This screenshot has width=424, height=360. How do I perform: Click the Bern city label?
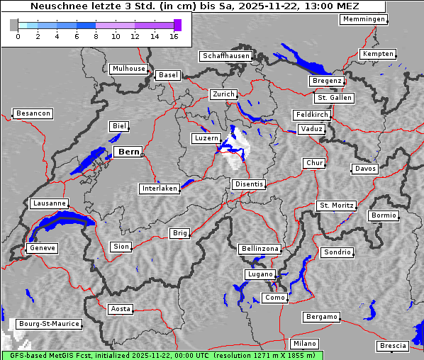click(x=128, y=152)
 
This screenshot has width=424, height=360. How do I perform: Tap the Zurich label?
click(x=223, y=94)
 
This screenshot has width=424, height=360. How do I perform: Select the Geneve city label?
click(x=42, y=248)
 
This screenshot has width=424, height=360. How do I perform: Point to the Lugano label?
click(x=260, y=274)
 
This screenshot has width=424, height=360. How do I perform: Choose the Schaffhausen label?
click(x=225, y=55)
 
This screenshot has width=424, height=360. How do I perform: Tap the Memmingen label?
click(x=363, y=19)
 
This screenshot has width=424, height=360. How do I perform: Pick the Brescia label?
click(x=393, y=346)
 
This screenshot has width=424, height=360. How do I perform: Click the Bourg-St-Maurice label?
click(x=48, y=324)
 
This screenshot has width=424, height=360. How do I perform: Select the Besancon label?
click(x=33, y=113)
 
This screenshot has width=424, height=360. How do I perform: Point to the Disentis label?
click(x=249, y=184)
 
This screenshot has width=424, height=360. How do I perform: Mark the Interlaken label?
click(x=159, y=189)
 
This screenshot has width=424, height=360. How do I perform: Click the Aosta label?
click(x=121, y=309)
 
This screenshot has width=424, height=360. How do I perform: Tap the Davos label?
click(x=365, y=169)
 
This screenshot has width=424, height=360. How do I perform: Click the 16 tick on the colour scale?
click(x=174, y=35)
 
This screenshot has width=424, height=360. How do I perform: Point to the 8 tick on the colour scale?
click(x=96, y=35)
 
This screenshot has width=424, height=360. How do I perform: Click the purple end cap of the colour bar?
click(x=177, y=25)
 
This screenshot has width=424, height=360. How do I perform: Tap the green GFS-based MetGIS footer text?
click(x=162, y=355)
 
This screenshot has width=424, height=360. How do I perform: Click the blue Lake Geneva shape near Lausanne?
click(x=60, y=225)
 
